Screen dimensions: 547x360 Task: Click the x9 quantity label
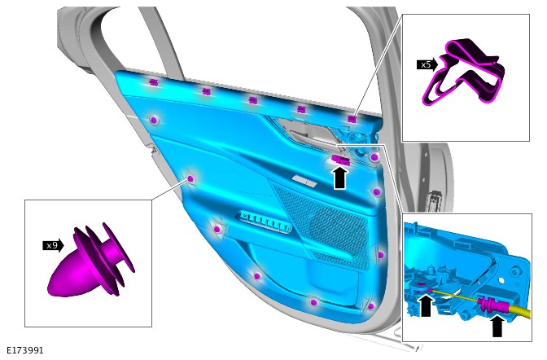[53, 245]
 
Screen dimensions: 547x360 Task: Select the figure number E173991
[25, 350]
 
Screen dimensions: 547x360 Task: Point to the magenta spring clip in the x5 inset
[464, 72]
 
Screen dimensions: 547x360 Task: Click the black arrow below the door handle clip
[340, 178]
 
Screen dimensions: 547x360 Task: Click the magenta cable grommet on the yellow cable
[488, 304]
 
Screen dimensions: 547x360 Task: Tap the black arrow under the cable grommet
[497, 326]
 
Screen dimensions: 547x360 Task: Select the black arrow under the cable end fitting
[426, 306]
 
